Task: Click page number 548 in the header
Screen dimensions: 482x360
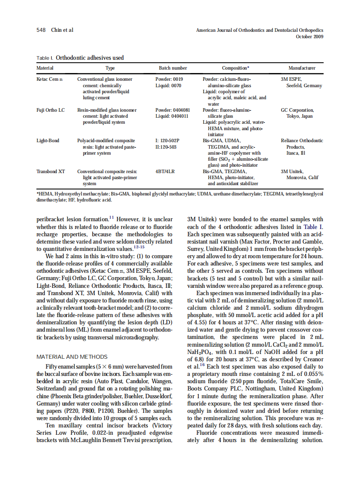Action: point(41,30)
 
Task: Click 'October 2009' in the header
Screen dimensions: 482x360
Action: point(310,37)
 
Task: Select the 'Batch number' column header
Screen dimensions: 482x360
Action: point(173,68)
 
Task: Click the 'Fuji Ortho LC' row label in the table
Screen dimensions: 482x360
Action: point(51,110)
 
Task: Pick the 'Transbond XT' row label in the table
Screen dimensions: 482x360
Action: point(51,171)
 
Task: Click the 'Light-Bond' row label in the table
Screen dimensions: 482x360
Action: point(48,141)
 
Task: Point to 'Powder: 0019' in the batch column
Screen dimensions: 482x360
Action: point(169,79)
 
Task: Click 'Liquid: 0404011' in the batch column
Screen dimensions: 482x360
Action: point(172,116)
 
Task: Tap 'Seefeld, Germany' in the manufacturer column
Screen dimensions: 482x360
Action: point(304,86)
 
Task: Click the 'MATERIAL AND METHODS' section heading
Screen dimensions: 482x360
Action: point(72,357)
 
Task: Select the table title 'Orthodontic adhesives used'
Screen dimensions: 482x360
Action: point(90,58)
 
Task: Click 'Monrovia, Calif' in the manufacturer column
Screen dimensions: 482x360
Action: point(302,177)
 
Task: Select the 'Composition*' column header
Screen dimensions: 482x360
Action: point(235,68)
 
